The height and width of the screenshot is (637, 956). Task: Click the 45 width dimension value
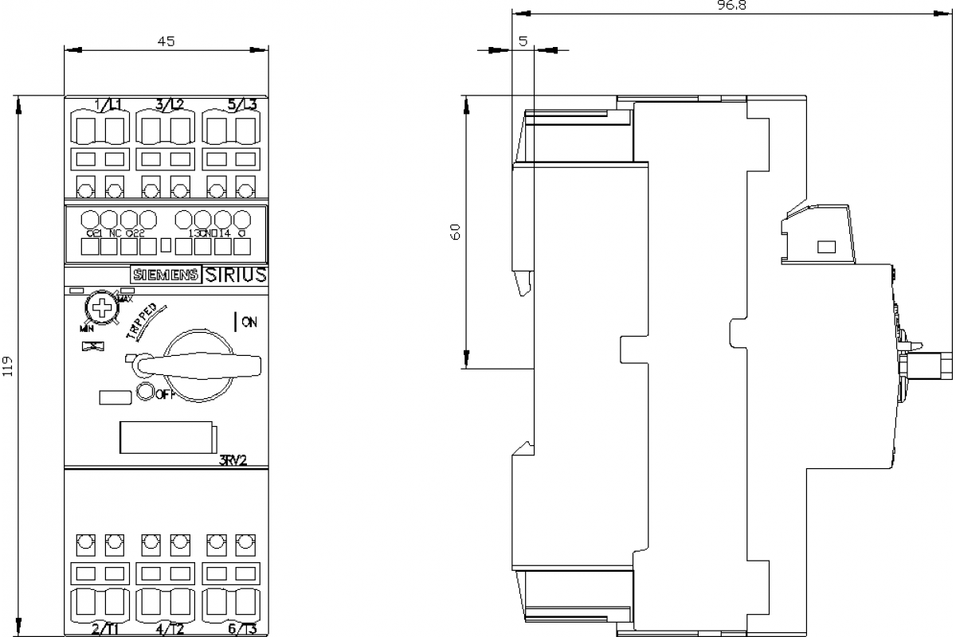click(166, 41)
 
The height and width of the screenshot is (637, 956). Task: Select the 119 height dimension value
click(8, 365)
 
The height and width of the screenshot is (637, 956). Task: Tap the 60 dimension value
click(456, 232)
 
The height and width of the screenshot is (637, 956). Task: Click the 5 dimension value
click(523, 41)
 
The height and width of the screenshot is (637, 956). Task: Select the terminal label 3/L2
click(170, 104)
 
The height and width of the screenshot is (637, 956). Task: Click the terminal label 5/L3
click(242, 104)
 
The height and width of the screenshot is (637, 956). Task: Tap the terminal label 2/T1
click(105, 629)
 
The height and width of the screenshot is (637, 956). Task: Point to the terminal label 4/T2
click(170, 629)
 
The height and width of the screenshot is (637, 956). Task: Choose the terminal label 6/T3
click(242, 629)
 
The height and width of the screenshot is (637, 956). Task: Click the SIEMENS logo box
click(166, 275)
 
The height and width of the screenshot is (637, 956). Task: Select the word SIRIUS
click(237, 275)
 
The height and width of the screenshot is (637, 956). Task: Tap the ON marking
click(249, 322)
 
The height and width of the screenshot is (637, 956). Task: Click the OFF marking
click(163, 395)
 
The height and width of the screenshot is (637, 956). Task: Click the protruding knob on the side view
click(933, 366)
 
